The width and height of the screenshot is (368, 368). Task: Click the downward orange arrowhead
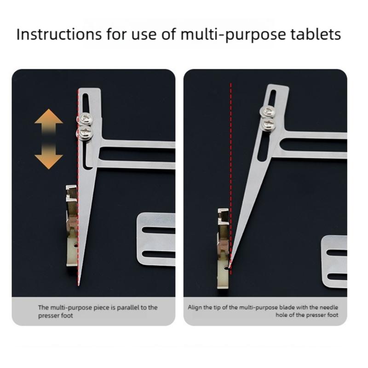tap(49, 160)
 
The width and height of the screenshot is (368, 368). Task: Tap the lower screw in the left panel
tap(85, 133)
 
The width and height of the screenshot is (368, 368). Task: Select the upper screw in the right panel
tap(267, 111)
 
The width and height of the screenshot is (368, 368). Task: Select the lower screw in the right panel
tap(267, 124)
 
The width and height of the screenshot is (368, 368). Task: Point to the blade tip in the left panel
tap(79, 285)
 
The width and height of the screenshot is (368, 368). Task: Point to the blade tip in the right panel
tap(230, 266)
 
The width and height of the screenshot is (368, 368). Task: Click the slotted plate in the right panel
tap(335, 262)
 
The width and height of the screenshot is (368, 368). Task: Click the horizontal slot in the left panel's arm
tap(138, 155)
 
